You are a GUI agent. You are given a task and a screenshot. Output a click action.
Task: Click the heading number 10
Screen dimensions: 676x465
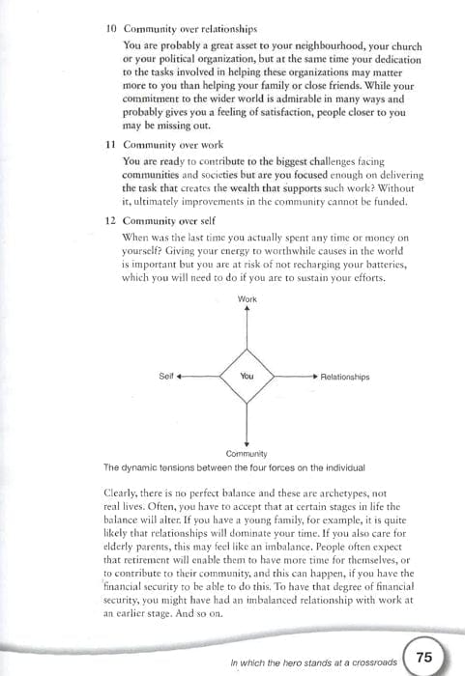110,30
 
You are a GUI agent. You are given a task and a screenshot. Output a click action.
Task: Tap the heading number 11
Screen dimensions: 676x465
110,144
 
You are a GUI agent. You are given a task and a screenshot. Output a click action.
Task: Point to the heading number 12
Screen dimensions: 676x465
110,220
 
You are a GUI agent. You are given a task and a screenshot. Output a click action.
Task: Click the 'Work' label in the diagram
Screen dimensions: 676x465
247,299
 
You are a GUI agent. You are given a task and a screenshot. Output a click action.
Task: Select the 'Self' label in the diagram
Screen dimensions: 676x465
164,376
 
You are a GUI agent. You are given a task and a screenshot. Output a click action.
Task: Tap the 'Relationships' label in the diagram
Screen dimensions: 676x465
344,377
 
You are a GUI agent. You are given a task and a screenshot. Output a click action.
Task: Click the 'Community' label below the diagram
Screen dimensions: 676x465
247,452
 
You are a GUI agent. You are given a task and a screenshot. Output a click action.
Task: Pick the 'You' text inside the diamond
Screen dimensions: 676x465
247,376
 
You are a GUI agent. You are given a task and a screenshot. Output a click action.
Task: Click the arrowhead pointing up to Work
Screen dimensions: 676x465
247,310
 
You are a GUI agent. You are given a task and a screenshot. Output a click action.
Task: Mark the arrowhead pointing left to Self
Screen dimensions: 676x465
180,376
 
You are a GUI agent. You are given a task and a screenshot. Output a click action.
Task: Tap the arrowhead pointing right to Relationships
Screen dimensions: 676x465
314,376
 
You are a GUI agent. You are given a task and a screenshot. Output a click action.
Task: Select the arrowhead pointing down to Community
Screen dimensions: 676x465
247,440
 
